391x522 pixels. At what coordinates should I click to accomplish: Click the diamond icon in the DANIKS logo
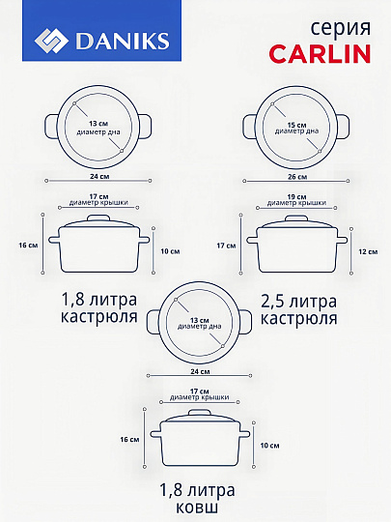51,40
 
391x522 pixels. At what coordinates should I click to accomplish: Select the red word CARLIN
320,52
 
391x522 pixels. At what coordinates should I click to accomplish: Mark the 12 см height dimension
369,251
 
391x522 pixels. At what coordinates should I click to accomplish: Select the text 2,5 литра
298,301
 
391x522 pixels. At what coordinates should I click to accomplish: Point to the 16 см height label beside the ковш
129,439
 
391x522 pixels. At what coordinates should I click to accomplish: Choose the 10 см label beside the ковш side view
270,445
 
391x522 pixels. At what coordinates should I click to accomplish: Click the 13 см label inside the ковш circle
200,320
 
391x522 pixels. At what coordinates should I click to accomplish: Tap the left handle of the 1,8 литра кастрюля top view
48,126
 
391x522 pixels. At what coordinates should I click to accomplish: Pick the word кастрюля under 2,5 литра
298,318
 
